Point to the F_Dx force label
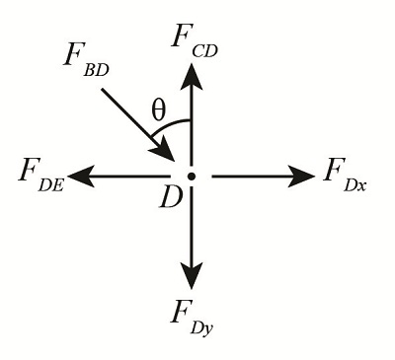(345, 176)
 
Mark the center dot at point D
(192, 177)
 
